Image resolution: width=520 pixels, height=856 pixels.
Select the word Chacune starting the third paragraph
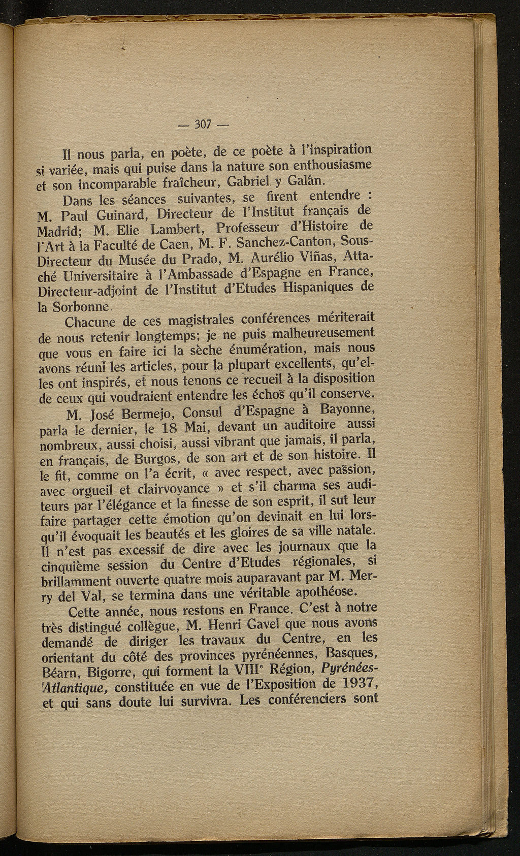[93, 323]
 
